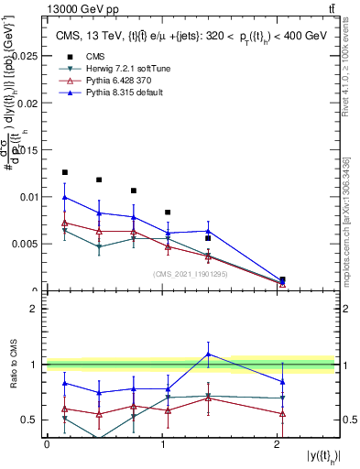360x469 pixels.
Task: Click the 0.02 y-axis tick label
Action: tap(27, 103)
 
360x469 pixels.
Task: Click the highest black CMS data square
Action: tap(64, 172)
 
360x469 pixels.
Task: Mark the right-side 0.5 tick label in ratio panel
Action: tap(348, 420)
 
